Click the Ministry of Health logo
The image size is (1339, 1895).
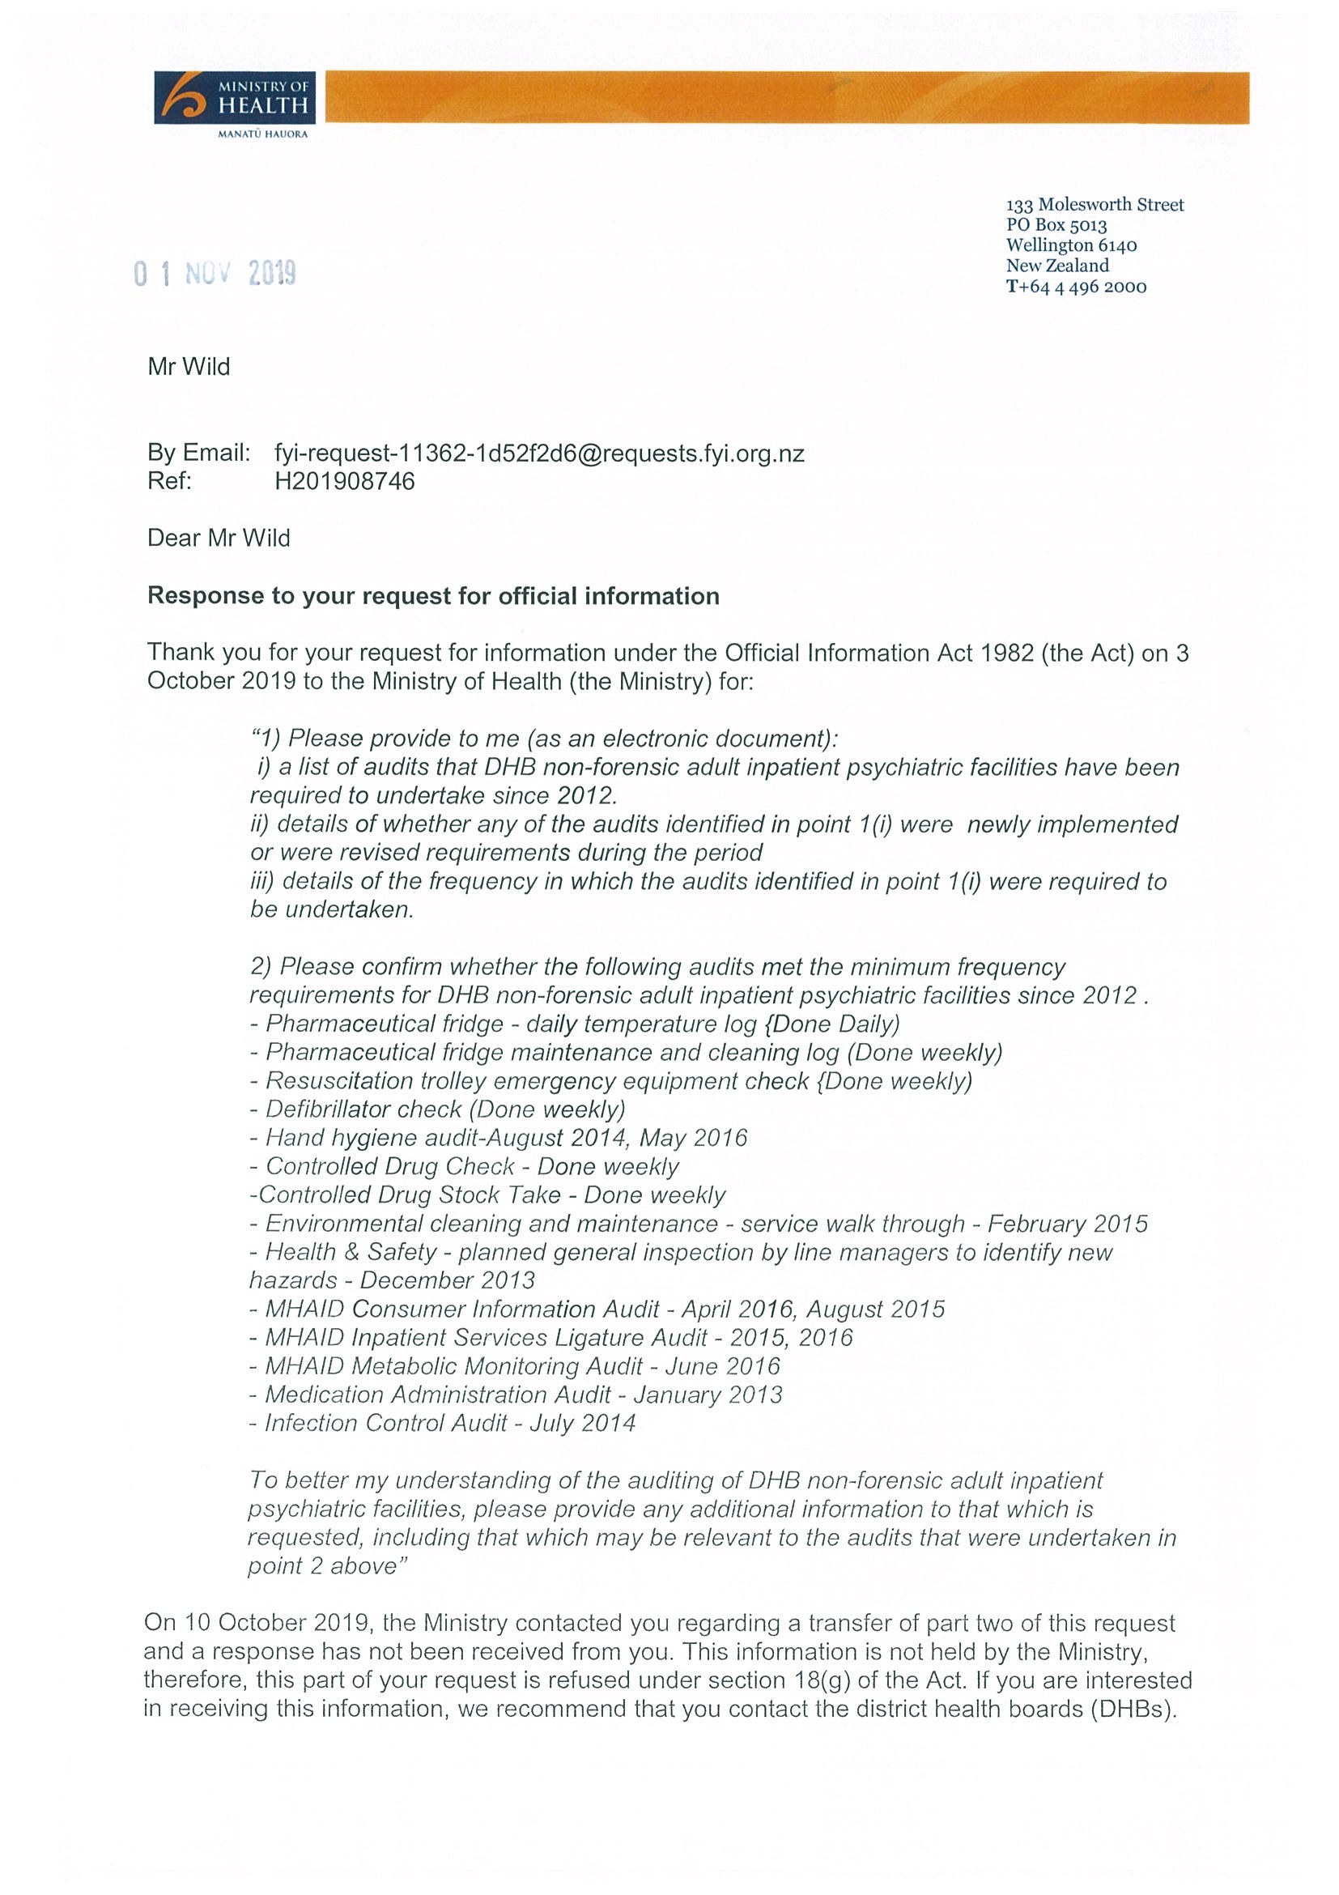tap(234, 98)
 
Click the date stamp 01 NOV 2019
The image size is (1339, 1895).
tap(215, 273)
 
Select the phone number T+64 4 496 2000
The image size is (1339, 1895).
tap(1076, 287)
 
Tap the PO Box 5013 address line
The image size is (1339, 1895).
tap(1056, 224)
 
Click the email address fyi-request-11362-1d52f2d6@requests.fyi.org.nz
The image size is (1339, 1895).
tap(538, 454)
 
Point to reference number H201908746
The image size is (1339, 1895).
tap(344, 481)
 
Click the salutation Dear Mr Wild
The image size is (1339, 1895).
tap(219, 538)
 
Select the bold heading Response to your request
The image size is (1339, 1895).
tap(432, 596)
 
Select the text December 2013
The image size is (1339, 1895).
tap(447, 1281)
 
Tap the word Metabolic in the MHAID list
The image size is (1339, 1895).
tap(404, 1367)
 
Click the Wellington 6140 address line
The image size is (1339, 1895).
tap(1071, 245)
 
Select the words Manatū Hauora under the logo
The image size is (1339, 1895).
tap(262, 134)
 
